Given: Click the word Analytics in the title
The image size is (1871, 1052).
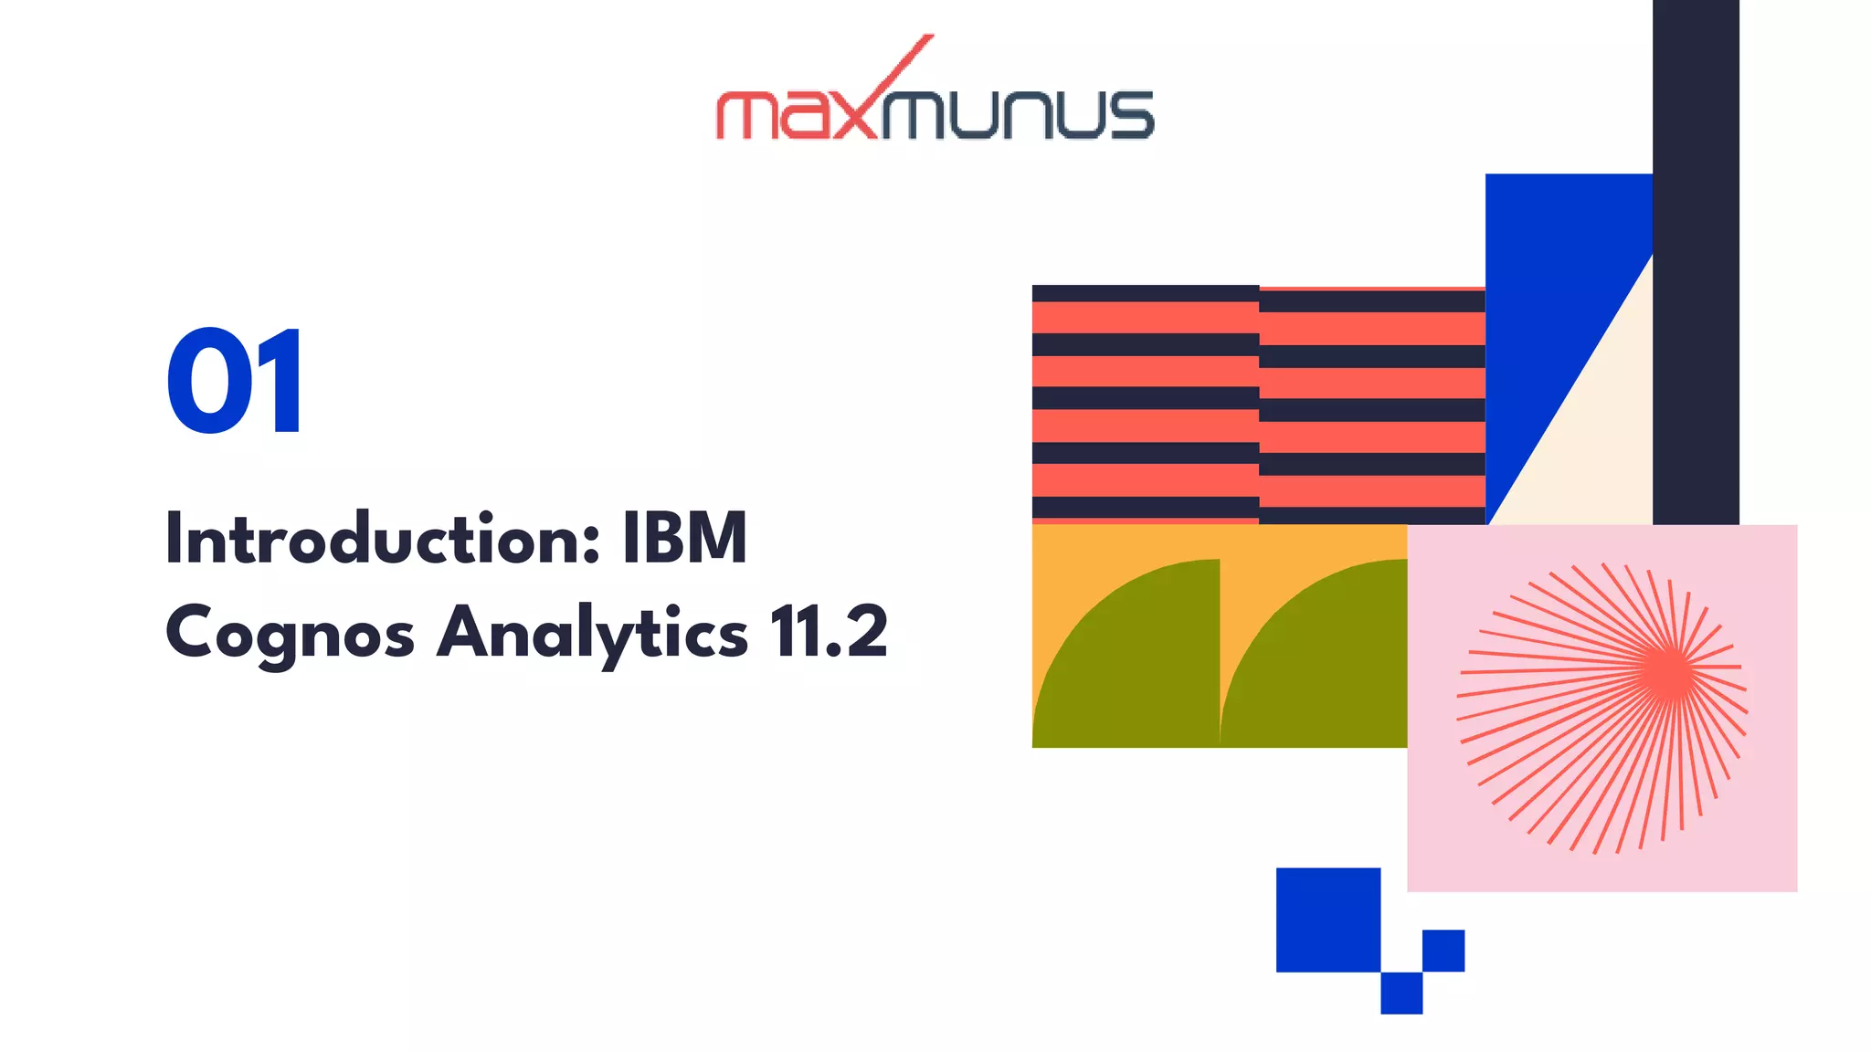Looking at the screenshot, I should click(x=592, y=633).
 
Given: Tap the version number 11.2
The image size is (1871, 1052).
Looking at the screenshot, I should click(x=828, y=631).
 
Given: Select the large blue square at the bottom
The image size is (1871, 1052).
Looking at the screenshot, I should click(x=1327, y=920).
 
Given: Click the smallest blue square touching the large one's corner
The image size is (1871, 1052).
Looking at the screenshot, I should click(x=1401, y=993).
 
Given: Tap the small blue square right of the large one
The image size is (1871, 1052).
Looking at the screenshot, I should click(x=1443, y=951).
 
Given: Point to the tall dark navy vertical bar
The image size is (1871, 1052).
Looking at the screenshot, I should click(x=1696, y=256).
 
